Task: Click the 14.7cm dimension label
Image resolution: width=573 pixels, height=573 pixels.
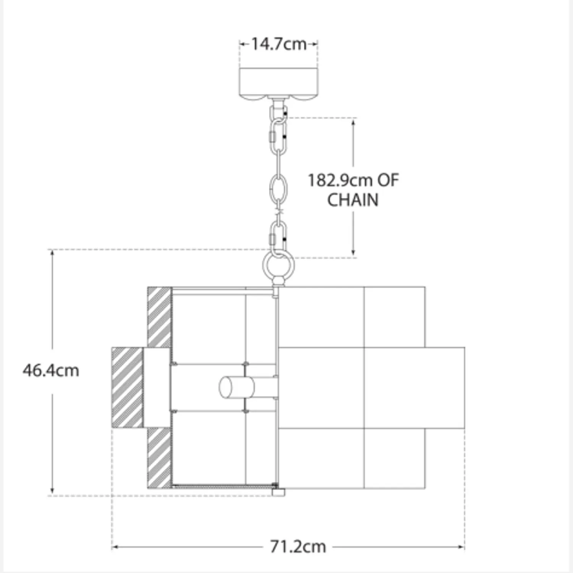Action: pyautogui.click(x=279, y=44)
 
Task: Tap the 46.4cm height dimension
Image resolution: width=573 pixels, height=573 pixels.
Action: pyautogui.click(x=51, y=371)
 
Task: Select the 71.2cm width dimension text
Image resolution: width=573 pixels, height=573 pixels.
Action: pyautogui.click(x=298, y=547)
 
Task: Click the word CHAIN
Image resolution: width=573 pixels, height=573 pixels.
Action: pyautogui.click(x=353, y=200)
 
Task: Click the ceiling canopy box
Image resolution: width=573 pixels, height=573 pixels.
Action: pyautogui.click(x=278, y=83)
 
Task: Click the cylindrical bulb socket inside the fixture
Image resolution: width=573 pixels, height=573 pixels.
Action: pyautogui.click(x=236, y=387)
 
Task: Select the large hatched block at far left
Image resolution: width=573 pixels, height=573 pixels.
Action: pyautogui.click(x=127, y=387)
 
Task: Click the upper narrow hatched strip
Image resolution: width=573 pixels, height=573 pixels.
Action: pyautogui.click(x=159, y=317)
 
